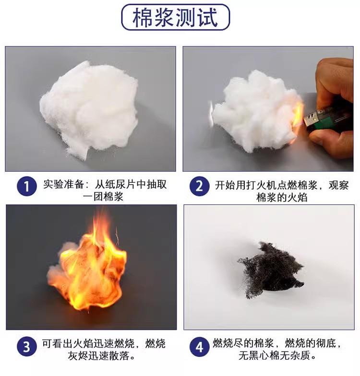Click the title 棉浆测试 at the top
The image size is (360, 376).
[175, 17]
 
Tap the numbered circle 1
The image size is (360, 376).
[27, 186]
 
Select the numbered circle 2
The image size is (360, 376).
[199, 186]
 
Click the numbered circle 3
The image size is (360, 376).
[27, 347]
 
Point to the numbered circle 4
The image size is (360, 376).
[199, 347]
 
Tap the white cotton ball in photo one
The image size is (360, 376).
[89, 109]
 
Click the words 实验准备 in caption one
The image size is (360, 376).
[63, 184]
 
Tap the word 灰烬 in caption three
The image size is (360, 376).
[78, 356]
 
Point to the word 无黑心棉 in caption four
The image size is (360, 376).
[259, 356]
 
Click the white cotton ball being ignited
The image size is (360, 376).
[255, 111]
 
